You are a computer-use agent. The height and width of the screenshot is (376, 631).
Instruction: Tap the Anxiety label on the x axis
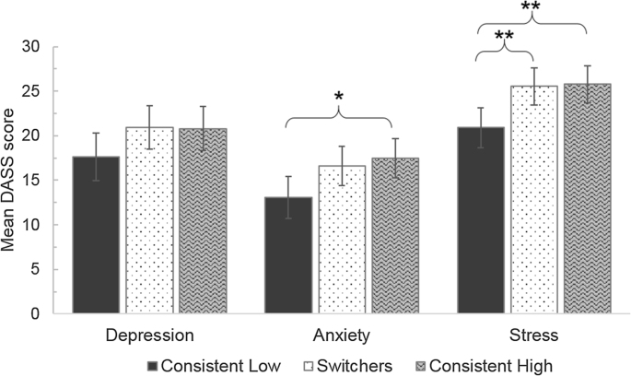pos(340,333)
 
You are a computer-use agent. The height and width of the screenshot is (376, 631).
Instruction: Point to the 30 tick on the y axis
pos(34,47)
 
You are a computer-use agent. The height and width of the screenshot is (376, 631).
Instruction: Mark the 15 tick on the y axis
pos(34,181)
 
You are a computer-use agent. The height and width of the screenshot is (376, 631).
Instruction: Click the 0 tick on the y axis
pos(38,314)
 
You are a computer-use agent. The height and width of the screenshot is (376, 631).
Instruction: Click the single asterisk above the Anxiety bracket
pos(339,96)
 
